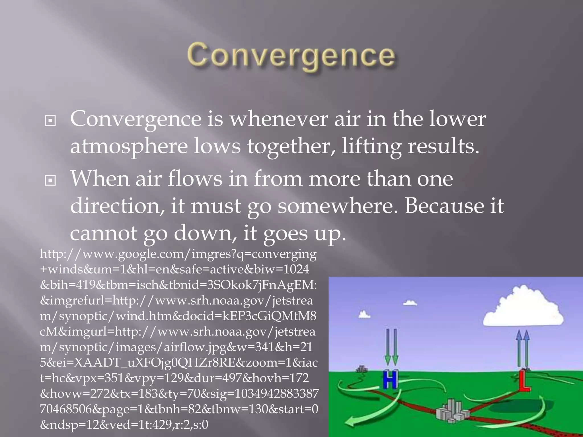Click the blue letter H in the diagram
click(x=390, y=379)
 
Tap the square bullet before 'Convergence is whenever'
click(x=50, y=121)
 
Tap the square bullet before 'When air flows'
click(x=50, y=180)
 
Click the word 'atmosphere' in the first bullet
click(x=129, y=146)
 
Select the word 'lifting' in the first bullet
click(x=371, y=146)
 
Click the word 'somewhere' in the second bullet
click(x=337, y=206)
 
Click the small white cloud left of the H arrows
click(x=364, y=315)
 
